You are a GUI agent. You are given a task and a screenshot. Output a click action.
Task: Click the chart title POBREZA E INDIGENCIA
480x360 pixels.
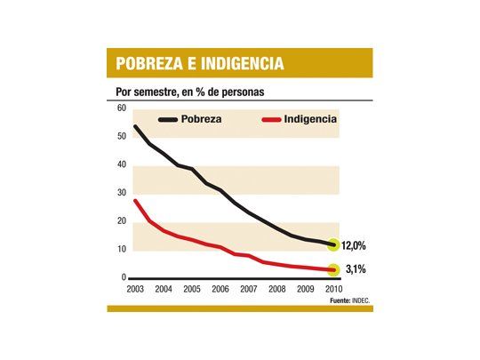[x=200, y=63]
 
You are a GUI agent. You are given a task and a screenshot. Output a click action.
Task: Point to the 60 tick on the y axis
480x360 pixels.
[x=122, y=108]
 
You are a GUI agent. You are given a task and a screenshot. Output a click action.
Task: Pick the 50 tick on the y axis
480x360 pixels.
[x=122, y=136]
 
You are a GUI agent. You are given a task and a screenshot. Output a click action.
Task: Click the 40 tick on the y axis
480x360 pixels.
[x=122, y=164]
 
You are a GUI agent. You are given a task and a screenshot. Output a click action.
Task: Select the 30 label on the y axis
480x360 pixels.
[x=122, y=193]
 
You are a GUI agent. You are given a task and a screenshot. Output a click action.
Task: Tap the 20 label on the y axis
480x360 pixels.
[x=122, y=221]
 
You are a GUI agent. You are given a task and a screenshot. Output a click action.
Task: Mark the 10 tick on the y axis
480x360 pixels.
[x=122, y=249]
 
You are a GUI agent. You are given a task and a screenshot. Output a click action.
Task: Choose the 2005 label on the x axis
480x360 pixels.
[x=190, y=289]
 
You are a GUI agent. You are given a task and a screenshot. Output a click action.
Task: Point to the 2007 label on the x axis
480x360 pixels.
[x=249, y=289]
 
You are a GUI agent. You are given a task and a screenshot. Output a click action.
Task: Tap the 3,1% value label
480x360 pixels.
[x=356, y=269]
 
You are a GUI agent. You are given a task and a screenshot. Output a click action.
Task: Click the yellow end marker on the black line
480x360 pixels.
[x=333, y=244]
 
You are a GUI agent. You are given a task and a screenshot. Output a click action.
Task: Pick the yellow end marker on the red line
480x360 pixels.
[x=333, y=270]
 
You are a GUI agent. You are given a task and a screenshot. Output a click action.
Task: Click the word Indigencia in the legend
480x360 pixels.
[x=310, y=119]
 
